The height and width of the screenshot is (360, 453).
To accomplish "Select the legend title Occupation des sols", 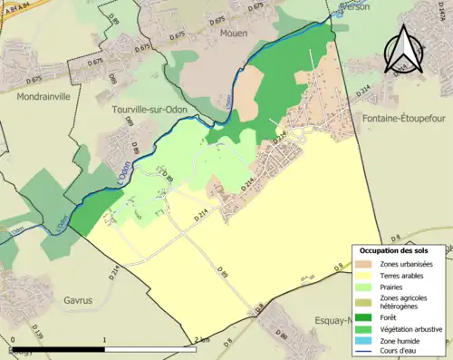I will coord(400,249).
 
